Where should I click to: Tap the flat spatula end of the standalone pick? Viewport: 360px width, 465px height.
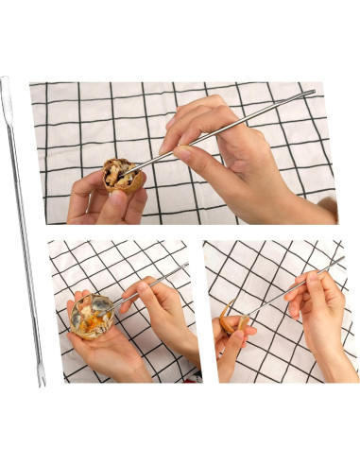coord(5,85)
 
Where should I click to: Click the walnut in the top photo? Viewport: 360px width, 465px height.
coord(122,176)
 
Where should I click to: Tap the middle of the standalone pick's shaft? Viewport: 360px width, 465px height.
coord(22,232)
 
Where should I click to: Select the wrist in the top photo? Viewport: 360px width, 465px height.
coord(302,203)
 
